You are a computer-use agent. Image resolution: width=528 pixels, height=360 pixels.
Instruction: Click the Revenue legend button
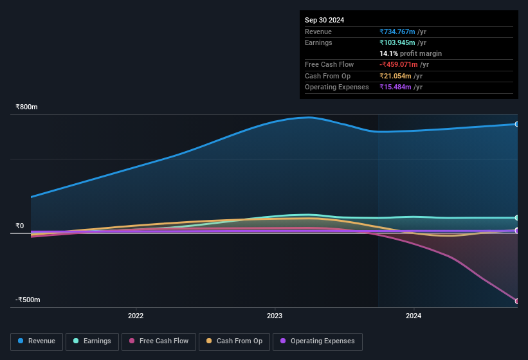37,341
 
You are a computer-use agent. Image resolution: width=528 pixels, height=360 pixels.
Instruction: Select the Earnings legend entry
92,341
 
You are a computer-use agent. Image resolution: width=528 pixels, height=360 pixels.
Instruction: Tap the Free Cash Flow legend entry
159,341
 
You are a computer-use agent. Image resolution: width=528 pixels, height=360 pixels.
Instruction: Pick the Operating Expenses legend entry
317,341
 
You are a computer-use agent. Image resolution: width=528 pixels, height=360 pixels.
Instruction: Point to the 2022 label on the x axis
136,316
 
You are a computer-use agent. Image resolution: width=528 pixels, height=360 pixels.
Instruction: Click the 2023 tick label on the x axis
275,316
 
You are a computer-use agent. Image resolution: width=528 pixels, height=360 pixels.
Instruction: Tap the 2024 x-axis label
414,316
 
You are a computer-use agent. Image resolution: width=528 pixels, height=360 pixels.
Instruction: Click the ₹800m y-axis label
27,107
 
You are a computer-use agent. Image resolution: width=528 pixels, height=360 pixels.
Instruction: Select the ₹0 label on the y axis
20,226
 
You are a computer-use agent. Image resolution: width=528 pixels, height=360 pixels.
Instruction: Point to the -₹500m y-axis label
28,300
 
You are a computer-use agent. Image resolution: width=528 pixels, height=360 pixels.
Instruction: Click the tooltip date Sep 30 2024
324,20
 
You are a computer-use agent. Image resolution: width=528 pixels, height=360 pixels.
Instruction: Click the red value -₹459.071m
398,64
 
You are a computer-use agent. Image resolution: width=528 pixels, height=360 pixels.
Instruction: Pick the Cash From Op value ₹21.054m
394,76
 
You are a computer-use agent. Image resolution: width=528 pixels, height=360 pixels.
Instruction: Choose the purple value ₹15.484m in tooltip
394,87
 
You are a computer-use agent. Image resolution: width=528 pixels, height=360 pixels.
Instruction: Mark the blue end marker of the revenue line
517,124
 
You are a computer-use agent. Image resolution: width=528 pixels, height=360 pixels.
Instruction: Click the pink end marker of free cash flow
517,301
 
